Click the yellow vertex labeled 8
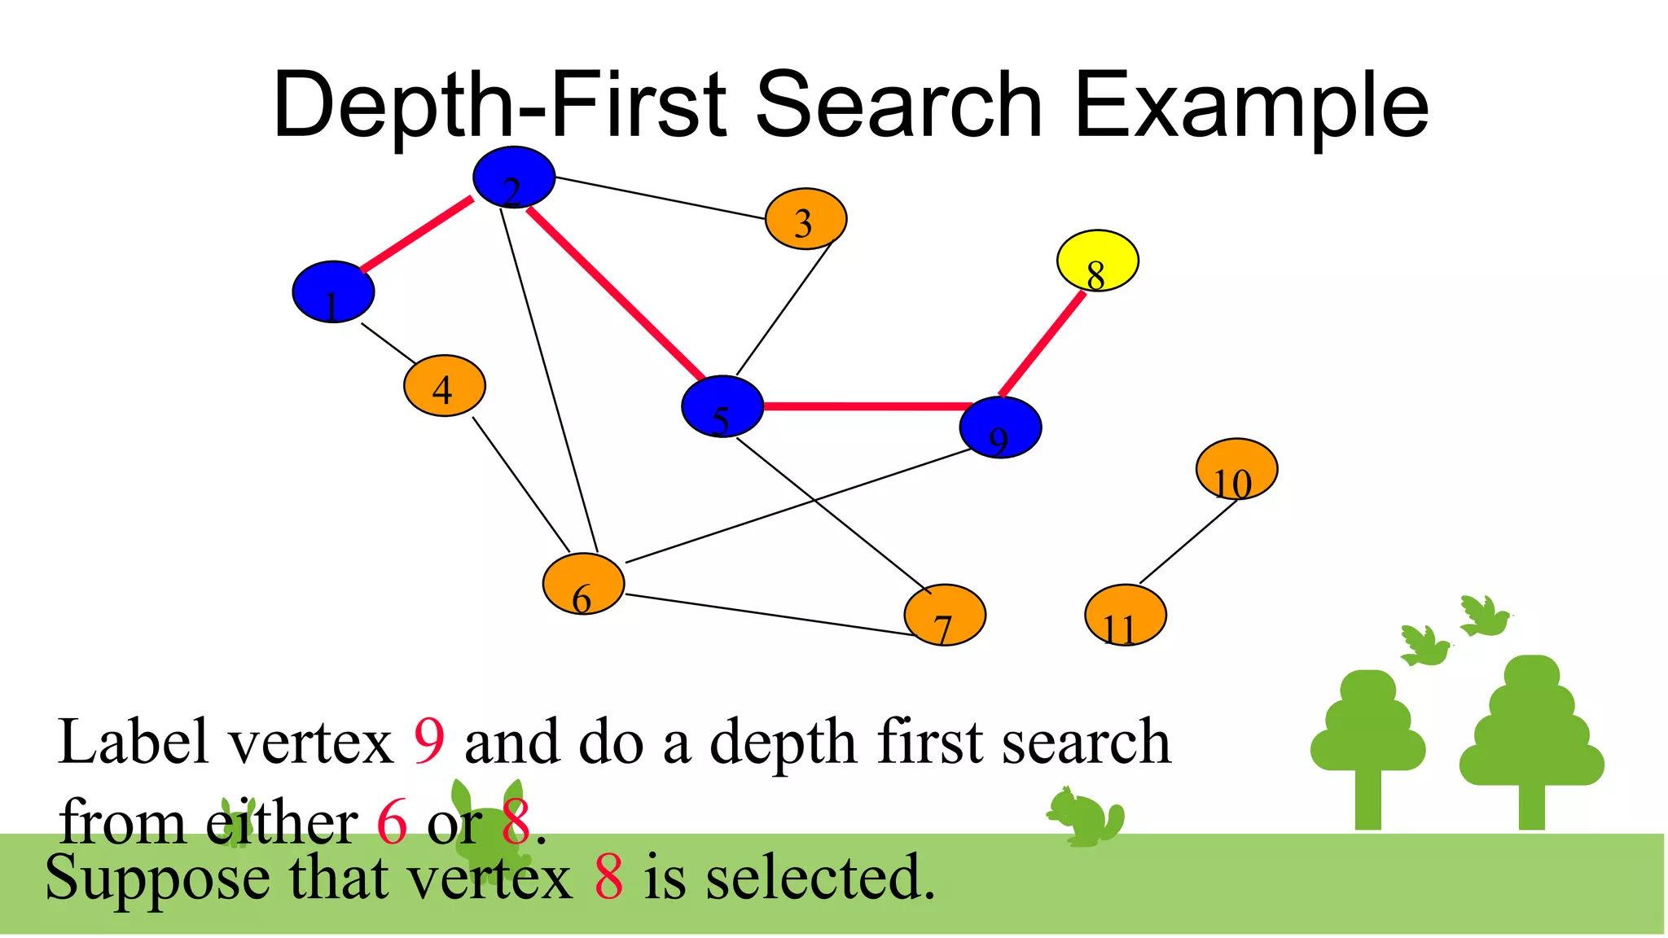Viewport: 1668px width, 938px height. pyautogui.click(x=1097, y=261)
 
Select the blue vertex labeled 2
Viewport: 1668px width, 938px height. pyautogui.click(x=514, y=178)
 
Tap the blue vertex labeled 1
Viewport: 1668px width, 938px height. pyautogui.click(x=333, y=291)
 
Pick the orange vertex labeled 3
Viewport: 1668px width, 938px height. pyautogui.click(x=805, y=219)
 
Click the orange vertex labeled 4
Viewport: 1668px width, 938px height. pyautogui.click(x=444, y=385)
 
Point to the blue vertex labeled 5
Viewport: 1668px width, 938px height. pyautogui.click(x=722, y=406)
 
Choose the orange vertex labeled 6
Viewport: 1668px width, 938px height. pyautogui.click(x=583, y=584)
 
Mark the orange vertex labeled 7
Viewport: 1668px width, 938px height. pyautogui.click(x=945, y=615)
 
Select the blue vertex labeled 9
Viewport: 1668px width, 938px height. pyautogui.click(x=1000, y=427)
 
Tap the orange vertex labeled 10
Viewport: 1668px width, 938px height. pyautogui.click(x=1236, y=469)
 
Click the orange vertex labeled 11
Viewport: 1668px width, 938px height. pyautogui.click(x=1125, y=615)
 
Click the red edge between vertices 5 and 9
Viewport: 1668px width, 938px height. pyautogui.click(x=863, y=405)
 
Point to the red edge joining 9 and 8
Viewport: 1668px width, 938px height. pyautogui.click(x=1043, y=344)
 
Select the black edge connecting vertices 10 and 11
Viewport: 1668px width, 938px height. pyautogui.click(x=1187, y=542)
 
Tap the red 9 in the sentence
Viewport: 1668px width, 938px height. pyautogui.click(x=429, y=741)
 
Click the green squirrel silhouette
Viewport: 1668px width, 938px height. pyautogui.click(x=1086, y=817)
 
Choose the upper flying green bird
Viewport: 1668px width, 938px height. pyautogui.click(x=1484, y=616)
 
